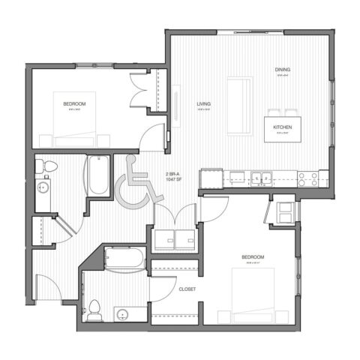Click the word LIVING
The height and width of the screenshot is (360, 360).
pos(203,103)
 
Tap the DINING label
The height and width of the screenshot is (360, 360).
pos(282,70)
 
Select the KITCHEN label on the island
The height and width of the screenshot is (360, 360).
pos(283,127)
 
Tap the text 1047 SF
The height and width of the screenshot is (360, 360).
pos(172,181)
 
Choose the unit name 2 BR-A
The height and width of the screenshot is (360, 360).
pos(172,174)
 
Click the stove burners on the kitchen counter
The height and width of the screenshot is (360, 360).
pos(307,178)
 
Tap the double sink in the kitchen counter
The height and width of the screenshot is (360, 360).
pos(261,178)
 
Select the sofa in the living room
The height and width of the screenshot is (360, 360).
pos(238,105)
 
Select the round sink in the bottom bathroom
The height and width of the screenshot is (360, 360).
pos(121,313)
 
